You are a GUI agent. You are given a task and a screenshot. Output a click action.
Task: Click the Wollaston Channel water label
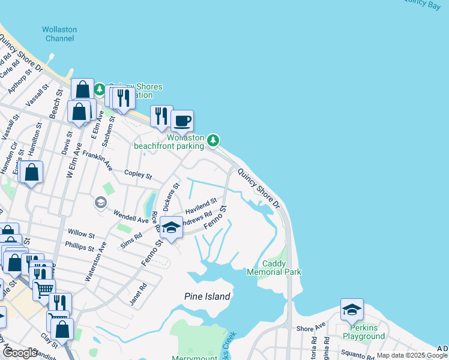tap(59, 34)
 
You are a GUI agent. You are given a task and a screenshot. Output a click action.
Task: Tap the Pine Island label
tap(206, 296)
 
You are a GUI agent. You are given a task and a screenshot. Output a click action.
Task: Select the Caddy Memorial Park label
tap(274, 268)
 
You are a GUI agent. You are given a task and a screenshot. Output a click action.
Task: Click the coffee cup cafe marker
tap(182, 121)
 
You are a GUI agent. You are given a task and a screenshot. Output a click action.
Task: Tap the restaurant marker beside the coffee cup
tap(161, 116)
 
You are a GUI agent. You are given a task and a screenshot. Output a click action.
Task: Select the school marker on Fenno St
tap(172, 227)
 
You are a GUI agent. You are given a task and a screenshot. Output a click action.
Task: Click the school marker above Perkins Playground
tap(352, 309)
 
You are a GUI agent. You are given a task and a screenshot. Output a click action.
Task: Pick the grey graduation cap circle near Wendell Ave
tap(100, 203)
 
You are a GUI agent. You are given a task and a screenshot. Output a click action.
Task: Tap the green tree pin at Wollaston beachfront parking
tap(213, 140)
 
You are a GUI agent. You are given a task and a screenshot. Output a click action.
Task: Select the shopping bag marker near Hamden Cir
tap(31, 172)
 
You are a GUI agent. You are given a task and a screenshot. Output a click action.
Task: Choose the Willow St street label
tap(81, 233)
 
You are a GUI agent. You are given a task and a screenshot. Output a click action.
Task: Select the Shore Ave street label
tap(310, 328)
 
